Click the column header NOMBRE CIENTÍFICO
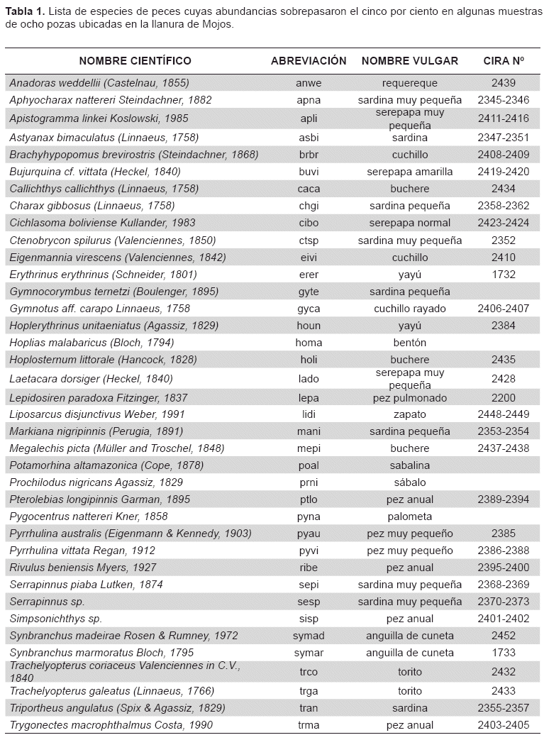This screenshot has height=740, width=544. click(135, 61)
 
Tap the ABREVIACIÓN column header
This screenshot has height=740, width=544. click(309, 61)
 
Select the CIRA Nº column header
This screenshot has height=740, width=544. click(504, 61)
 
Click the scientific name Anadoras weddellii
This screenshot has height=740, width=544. click(99, 83)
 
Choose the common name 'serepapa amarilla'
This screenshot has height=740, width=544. click(410, 172)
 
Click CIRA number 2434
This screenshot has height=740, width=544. click(504, 189)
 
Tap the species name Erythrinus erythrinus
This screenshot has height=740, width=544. click(103, 275)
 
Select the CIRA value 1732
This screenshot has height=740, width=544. click(504, 275)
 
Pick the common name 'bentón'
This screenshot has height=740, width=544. click(410, 343)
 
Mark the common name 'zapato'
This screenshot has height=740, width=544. click(410, 414)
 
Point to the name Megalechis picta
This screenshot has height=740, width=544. click(117, 448)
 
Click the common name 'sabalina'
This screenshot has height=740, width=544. click(410, 465)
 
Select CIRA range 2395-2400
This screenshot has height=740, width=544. click(504, 568)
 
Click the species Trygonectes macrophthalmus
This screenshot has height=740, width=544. click(111, 725)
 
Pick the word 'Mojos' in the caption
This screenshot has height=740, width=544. click(215, 23)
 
